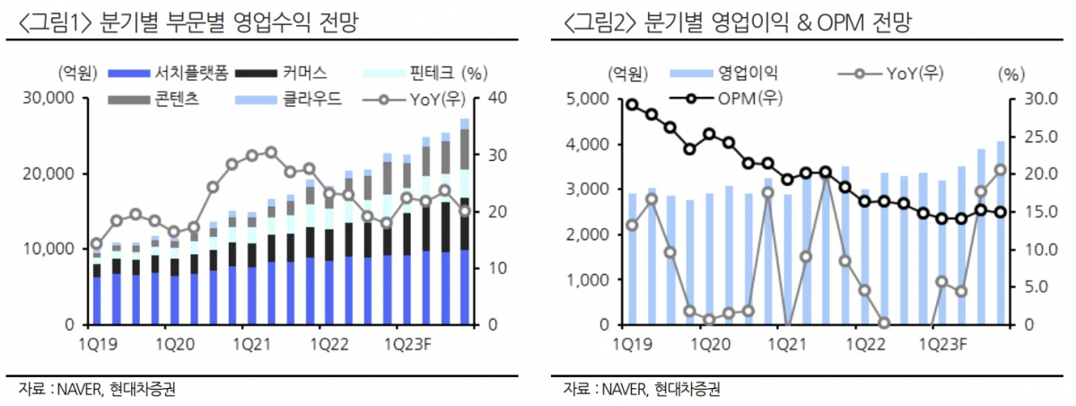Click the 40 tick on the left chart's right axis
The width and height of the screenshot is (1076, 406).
point(495,98)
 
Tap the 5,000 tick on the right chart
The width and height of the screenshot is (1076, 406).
point(590,98)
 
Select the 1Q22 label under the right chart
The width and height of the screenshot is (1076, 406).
point(860,343)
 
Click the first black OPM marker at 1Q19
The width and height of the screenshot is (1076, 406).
point(632,105)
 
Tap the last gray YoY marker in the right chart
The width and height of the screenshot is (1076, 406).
point(1001,170)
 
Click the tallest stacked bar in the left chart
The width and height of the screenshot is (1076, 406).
point(465,220)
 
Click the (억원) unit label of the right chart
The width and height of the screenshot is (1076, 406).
point(627,73)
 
